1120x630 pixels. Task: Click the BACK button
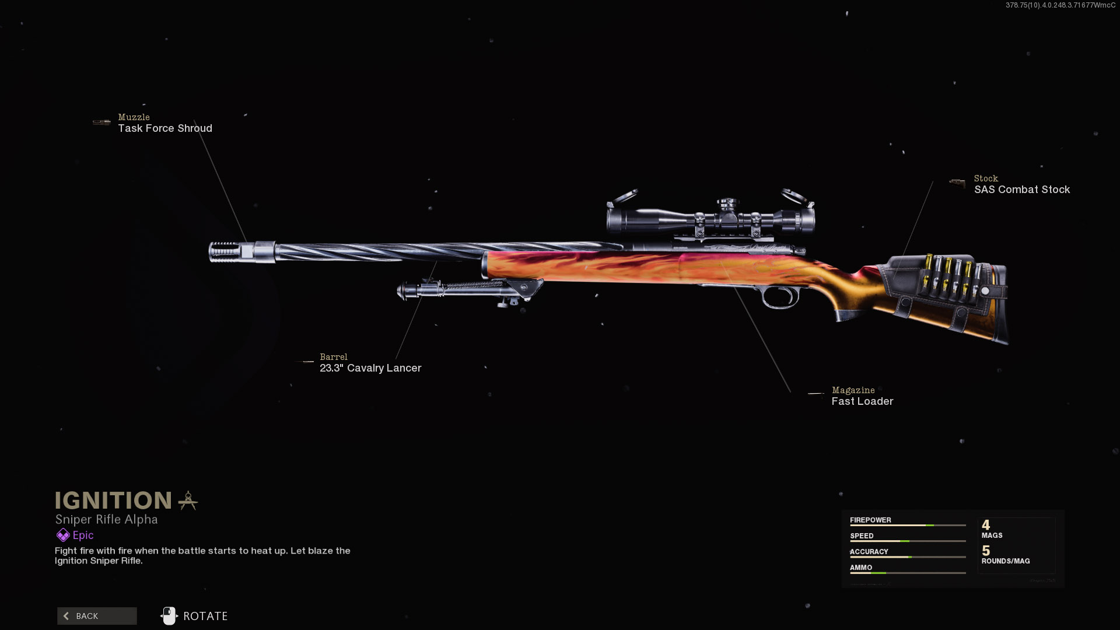click(97, 616)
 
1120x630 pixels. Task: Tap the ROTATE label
click(205, 616)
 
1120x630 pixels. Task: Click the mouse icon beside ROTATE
click(169, 615)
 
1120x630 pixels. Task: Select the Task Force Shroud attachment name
click(165, 128)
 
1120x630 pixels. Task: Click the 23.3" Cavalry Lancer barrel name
click(370, 368)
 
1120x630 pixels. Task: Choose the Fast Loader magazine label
click(862, 401)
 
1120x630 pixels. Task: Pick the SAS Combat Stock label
click(1022, 190)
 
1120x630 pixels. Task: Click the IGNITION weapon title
click(113, 501)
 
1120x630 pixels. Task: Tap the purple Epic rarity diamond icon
click(63, 535)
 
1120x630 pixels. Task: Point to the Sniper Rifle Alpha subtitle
click(106, 519)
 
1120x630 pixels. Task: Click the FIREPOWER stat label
click(870, 520)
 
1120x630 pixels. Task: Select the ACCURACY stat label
click(869, 551)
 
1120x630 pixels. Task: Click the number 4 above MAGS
click(986, 525)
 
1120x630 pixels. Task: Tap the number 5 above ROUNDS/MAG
click(986, 551)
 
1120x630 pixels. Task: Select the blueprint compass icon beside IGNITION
click(188, 501)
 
